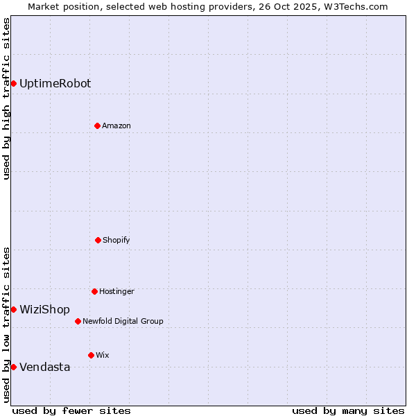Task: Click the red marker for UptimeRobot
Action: pyautogui.click(x=13, y=84)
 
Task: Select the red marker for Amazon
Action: pyautogui.click(x=97, y=125)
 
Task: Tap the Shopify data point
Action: pyautogui.click(x=98, y=240)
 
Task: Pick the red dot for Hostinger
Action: pyautogui.click(x=94, y=291)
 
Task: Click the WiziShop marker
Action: pyautogui.click(x=13, y=309)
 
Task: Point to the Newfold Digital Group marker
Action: pyautogui.click(x=78, y=321)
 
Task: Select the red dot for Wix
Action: pyautogui.click(x=91, y=355)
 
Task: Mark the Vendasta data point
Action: pyautogui.click(x=13, y=367)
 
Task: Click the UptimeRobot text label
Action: pyautogui.click(x=55, y=84)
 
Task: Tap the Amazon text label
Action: pyautogui.click(x=116, y=125)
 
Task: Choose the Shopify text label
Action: pyautogui.click(x=116, y=240)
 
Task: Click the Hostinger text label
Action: pyautogui.click(x=116, y=291)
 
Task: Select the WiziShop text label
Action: pyautogui.click(x=44, y=309)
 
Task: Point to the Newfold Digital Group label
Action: pyautogui.click(x=123, y=321)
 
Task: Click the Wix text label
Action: pyautogui.click(x=103, y=355)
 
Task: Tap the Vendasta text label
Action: pyautogui.click(x=44, y=367)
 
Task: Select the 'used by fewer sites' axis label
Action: pyautogui.click(x=71, y=410)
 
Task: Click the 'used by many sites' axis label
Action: pyautogui.click(x=348, y=410)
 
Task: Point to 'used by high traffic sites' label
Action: pyautogui.click(x=6, y=99)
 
